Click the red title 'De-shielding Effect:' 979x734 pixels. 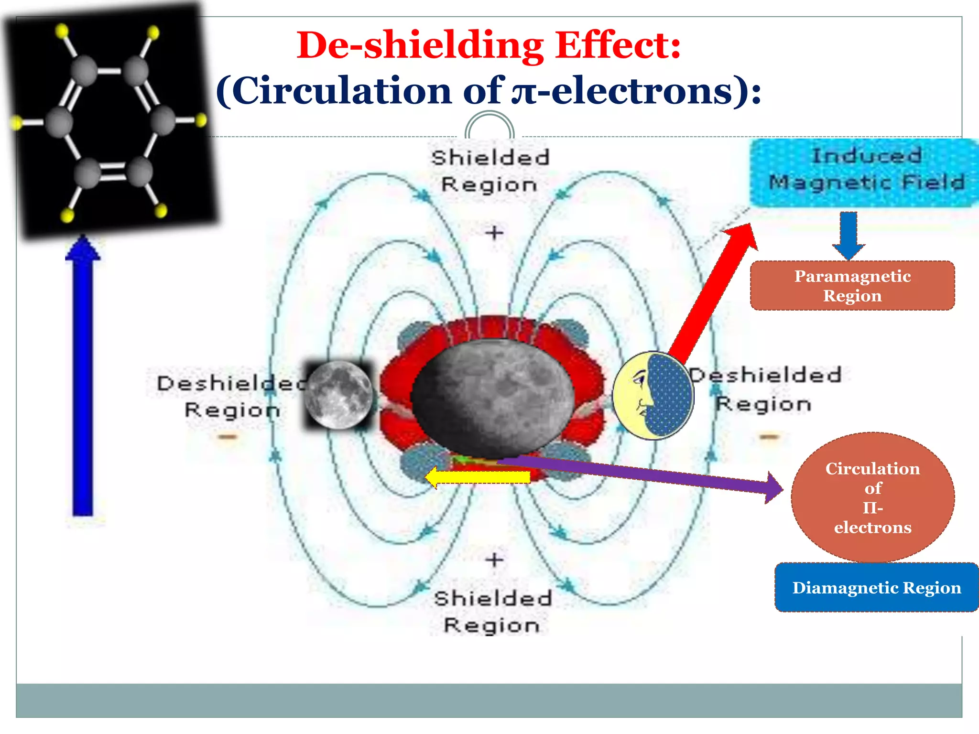coord(489,45)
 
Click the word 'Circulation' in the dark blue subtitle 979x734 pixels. coord(343,91)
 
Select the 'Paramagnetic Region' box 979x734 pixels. coord(852,286)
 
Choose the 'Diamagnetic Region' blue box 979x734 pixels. coord(876,587)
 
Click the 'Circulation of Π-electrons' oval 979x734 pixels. coord(872,497)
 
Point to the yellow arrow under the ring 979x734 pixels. coord(478,477)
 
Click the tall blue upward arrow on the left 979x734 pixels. coord(83,378)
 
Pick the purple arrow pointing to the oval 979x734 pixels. coord(645,475)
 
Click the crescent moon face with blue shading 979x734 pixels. coord(653,396)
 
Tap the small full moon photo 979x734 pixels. coord(338,395)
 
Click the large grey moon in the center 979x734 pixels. coord(492,397)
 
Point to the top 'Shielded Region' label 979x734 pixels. coord(489,171)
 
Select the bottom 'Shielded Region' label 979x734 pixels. coord(492,612)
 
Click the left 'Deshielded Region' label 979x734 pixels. coord(232,397)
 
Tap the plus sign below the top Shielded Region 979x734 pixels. coord(494,233)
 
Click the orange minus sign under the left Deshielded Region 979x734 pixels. coord(228,436)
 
